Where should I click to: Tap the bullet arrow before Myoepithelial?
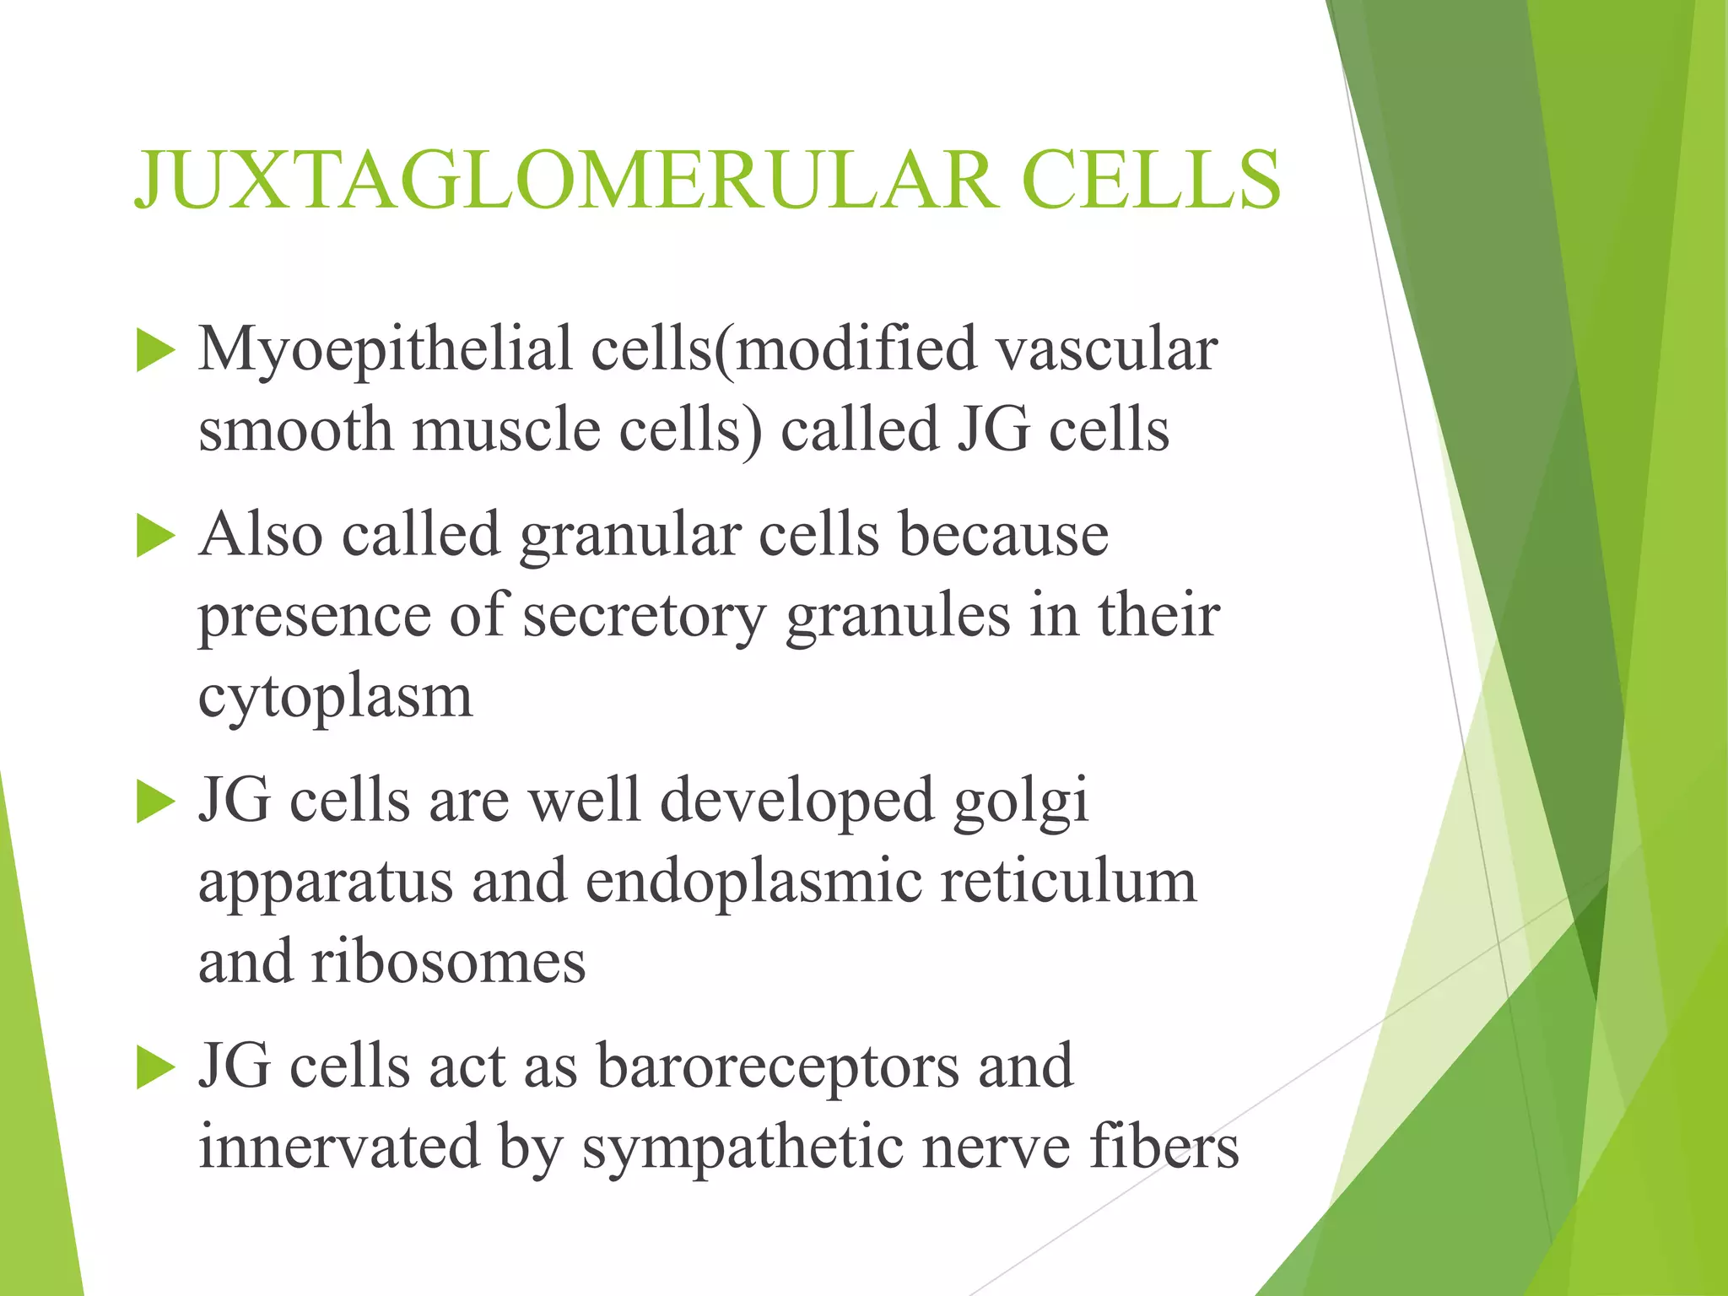(154, 351)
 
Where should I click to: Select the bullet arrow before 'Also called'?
(154, 537)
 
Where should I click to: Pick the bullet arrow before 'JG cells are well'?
(154, 802)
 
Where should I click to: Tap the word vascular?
(1106, 349)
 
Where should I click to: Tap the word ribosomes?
(448, 963)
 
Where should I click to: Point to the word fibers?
(1164, 1147)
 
